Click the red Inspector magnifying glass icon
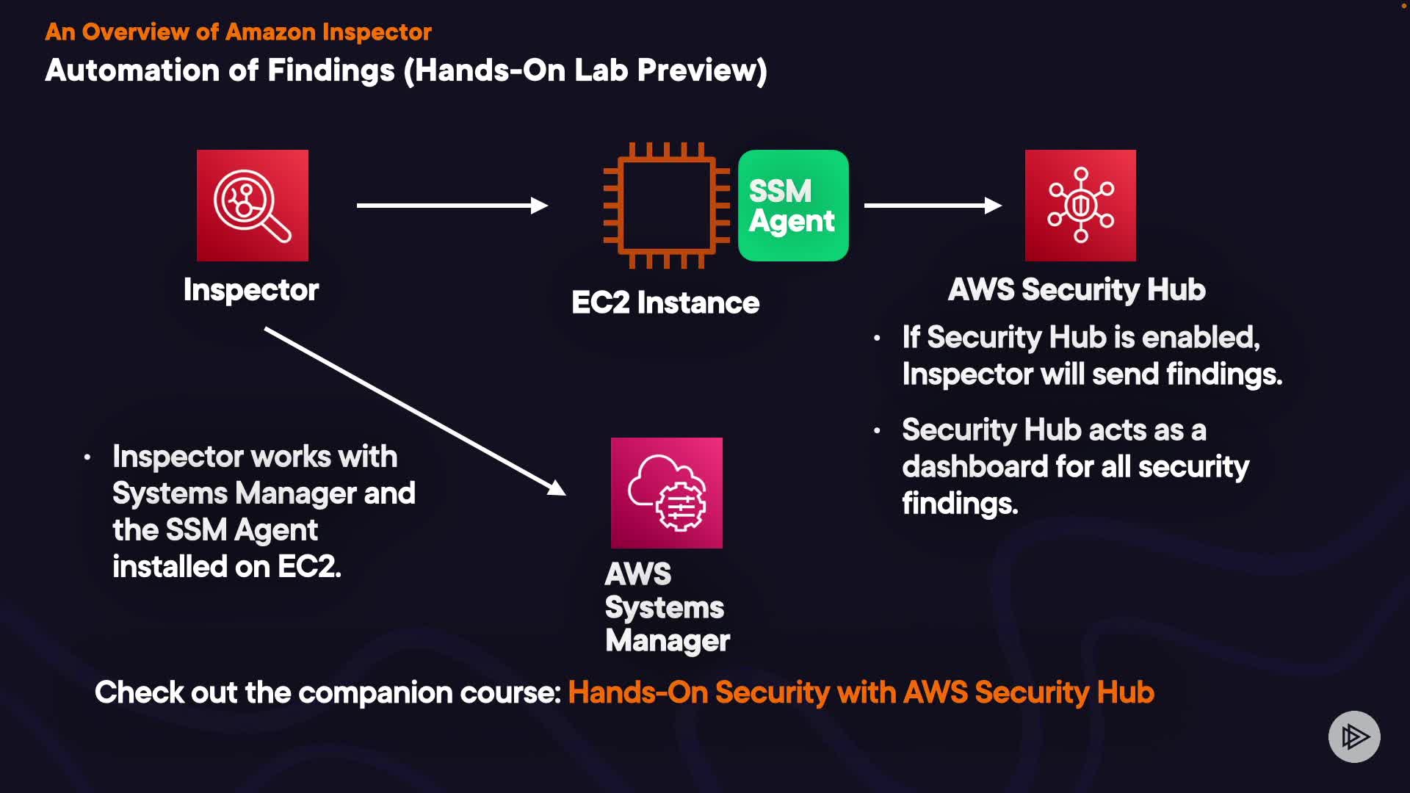[252, 206]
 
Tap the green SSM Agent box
[793, 206]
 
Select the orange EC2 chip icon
[666, 206]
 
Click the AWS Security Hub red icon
[1080, 206]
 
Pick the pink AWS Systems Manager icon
[666, 493]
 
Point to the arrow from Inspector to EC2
[452, 206]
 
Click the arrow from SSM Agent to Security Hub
[933, 206]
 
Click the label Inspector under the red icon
[251, 290]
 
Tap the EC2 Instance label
[665, 303]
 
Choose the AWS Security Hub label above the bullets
[1077, 289]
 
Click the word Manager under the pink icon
[668, 640]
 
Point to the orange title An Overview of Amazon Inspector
[238, 32]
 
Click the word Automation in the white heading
[132, 70]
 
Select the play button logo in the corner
[1354, 736]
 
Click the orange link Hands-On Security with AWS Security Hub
[861, 692]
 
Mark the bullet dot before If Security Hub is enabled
[877, 338]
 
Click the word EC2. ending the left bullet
[309, 567]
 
